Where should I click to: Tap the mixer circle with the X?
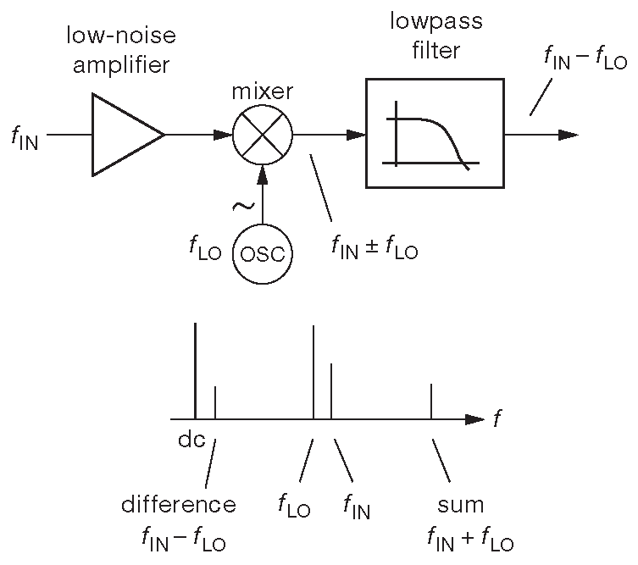(x=263, y=135)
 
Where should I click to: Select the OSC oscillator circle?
(x=263, y=253)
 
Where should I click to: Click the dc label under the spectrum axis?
(x=192, y=440)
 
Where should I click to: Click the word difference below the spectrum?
(x=178, y=506)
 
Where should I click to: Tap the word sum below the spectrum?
(x=460, y=506)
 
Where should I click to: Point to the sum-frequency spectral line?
(x=432, y=401)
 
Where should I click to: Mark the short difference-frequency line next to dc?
(x=215, y=402)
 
